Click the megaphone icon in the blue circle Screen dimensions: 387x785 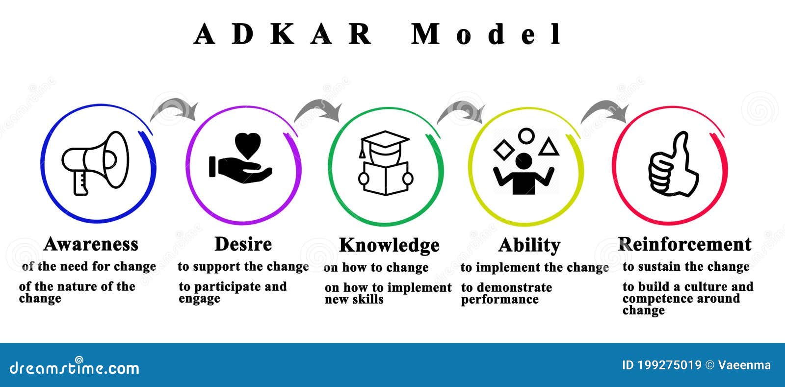point(95,162)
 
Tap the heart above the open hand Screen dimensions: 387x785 point(248,145)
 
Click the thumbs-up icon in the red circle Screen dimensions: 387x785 point(673,165)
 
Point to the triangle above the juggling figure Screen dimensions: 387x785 point(548,147)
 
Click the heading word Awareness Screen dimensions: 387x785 point(91,244)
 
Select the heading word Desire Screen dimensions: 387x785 point(243,244)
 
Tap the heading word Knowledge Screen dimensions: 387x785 point(389,245)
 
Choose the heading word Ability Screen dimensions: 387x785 point(529,245)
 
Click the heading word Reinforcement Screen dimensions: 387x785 point(684,244)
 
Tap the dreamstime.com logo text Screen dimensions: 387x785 point(75,368)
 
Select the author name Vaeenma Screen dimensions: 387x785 point(744,365)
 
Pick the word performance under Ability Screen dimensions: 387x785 point(499,300)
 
